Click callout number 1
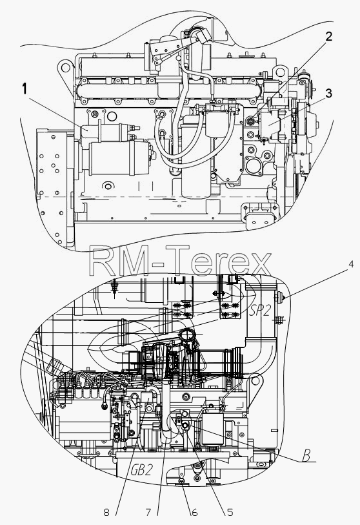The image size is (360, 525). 24,89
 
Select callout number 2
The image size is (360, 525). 329,37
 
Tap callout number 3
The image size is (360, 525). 329,94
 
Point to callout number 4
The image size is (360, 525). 350,264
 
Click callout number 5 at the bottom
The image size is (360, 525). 230,512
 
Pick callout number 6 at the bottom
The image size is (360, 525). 194,512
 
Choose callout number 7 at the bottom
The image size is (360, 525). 148,512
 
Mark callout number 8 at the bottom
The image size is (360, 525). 106,512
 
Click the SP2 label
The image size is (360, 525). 260,311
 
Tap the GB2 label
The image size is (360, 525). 141,470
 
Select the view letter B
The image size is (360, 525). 306,456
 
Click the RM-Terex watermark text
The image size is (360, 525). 180,261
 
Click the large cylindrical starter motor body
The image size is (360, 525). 119,158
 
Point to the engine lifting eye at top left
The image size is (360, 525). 66,68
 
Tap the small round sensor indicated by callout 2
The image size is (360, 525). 250,121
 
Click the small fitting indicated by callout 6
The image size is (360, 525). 182,481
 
